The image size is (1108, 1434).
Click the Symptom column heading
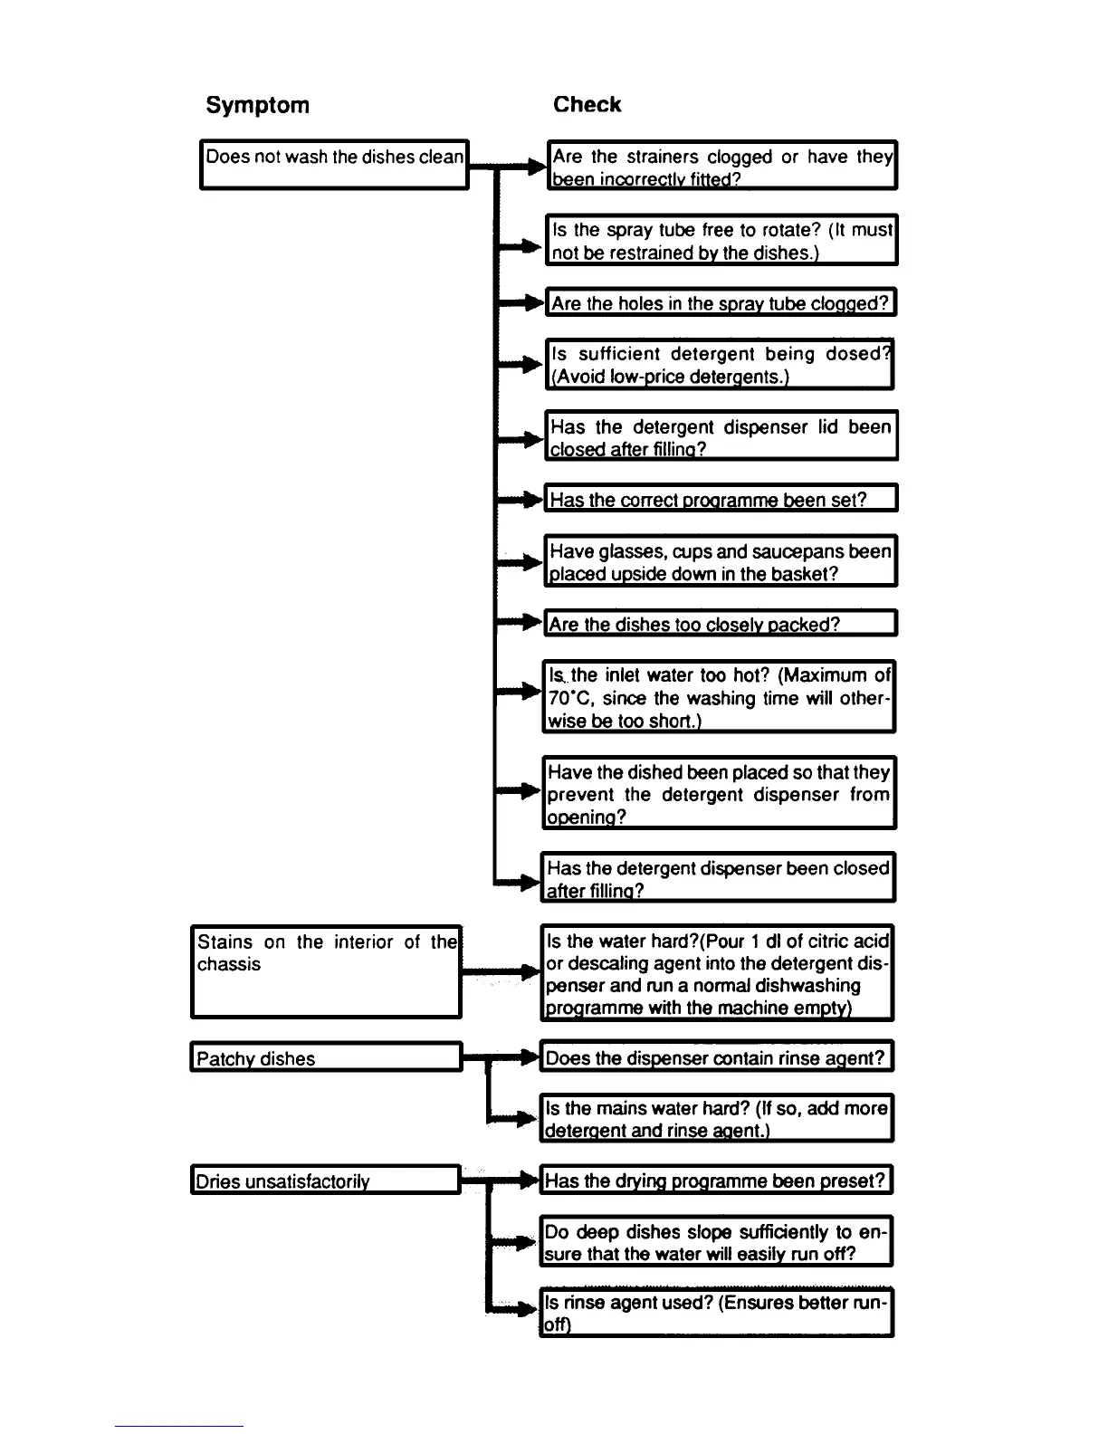click(x=257, y=105)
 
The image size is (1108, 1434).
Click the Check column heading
click(x=587, y=105)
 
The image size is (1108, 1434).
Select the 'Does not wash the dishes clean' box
click(x=334, y=164)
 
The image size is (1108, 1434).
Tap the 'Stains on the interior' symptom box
click(x=326, y=970)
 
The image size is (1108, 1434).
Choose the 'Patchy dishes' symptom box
click(x=326, y=1057)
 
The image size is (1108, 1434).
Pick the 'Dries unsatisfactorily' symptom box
click(x=326, y=1180)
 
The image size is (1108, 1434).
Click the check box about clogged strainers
click(x=721, y=166)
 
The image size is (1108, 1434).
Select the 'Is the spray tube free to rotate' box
click(x=721, y=240)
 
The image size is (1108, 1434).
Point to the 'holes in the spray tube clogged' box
click(x=721, y=302)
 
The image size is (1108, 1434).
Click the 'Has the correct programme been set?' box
click(x=721, y=499)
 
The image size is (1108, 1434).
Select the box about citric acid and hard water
click(x=717, y=973)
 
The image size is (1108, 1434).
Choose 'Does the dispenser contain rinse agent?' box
click(x=716, y=1056)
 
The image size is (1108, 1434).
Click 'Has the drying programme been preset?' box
click(x=716, y=1180)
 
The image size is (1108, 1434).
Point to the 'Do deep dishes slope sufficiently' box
click(x=716, y=1241)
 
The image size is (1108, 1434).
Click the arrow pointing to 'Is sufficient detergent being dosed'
click(x=527, y=364)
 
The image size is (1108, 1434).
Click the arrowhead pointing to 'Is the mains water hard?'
click(x=527, y=1119)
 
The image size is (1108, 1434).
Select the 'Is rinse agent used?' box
click(x=716, y=1312)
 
